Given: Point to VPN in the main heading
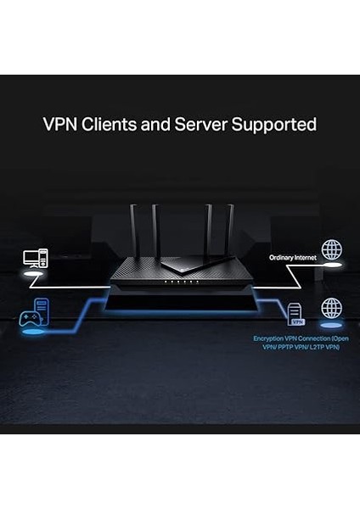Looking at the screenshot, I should (x=59, y=125).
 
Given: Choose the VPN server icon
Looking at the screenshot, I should (x=296, y=315).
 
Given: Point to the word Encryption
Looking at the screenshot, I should (x=269, y=338).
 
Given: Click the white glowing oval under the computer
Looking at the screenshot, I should (x=35, y=276).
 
